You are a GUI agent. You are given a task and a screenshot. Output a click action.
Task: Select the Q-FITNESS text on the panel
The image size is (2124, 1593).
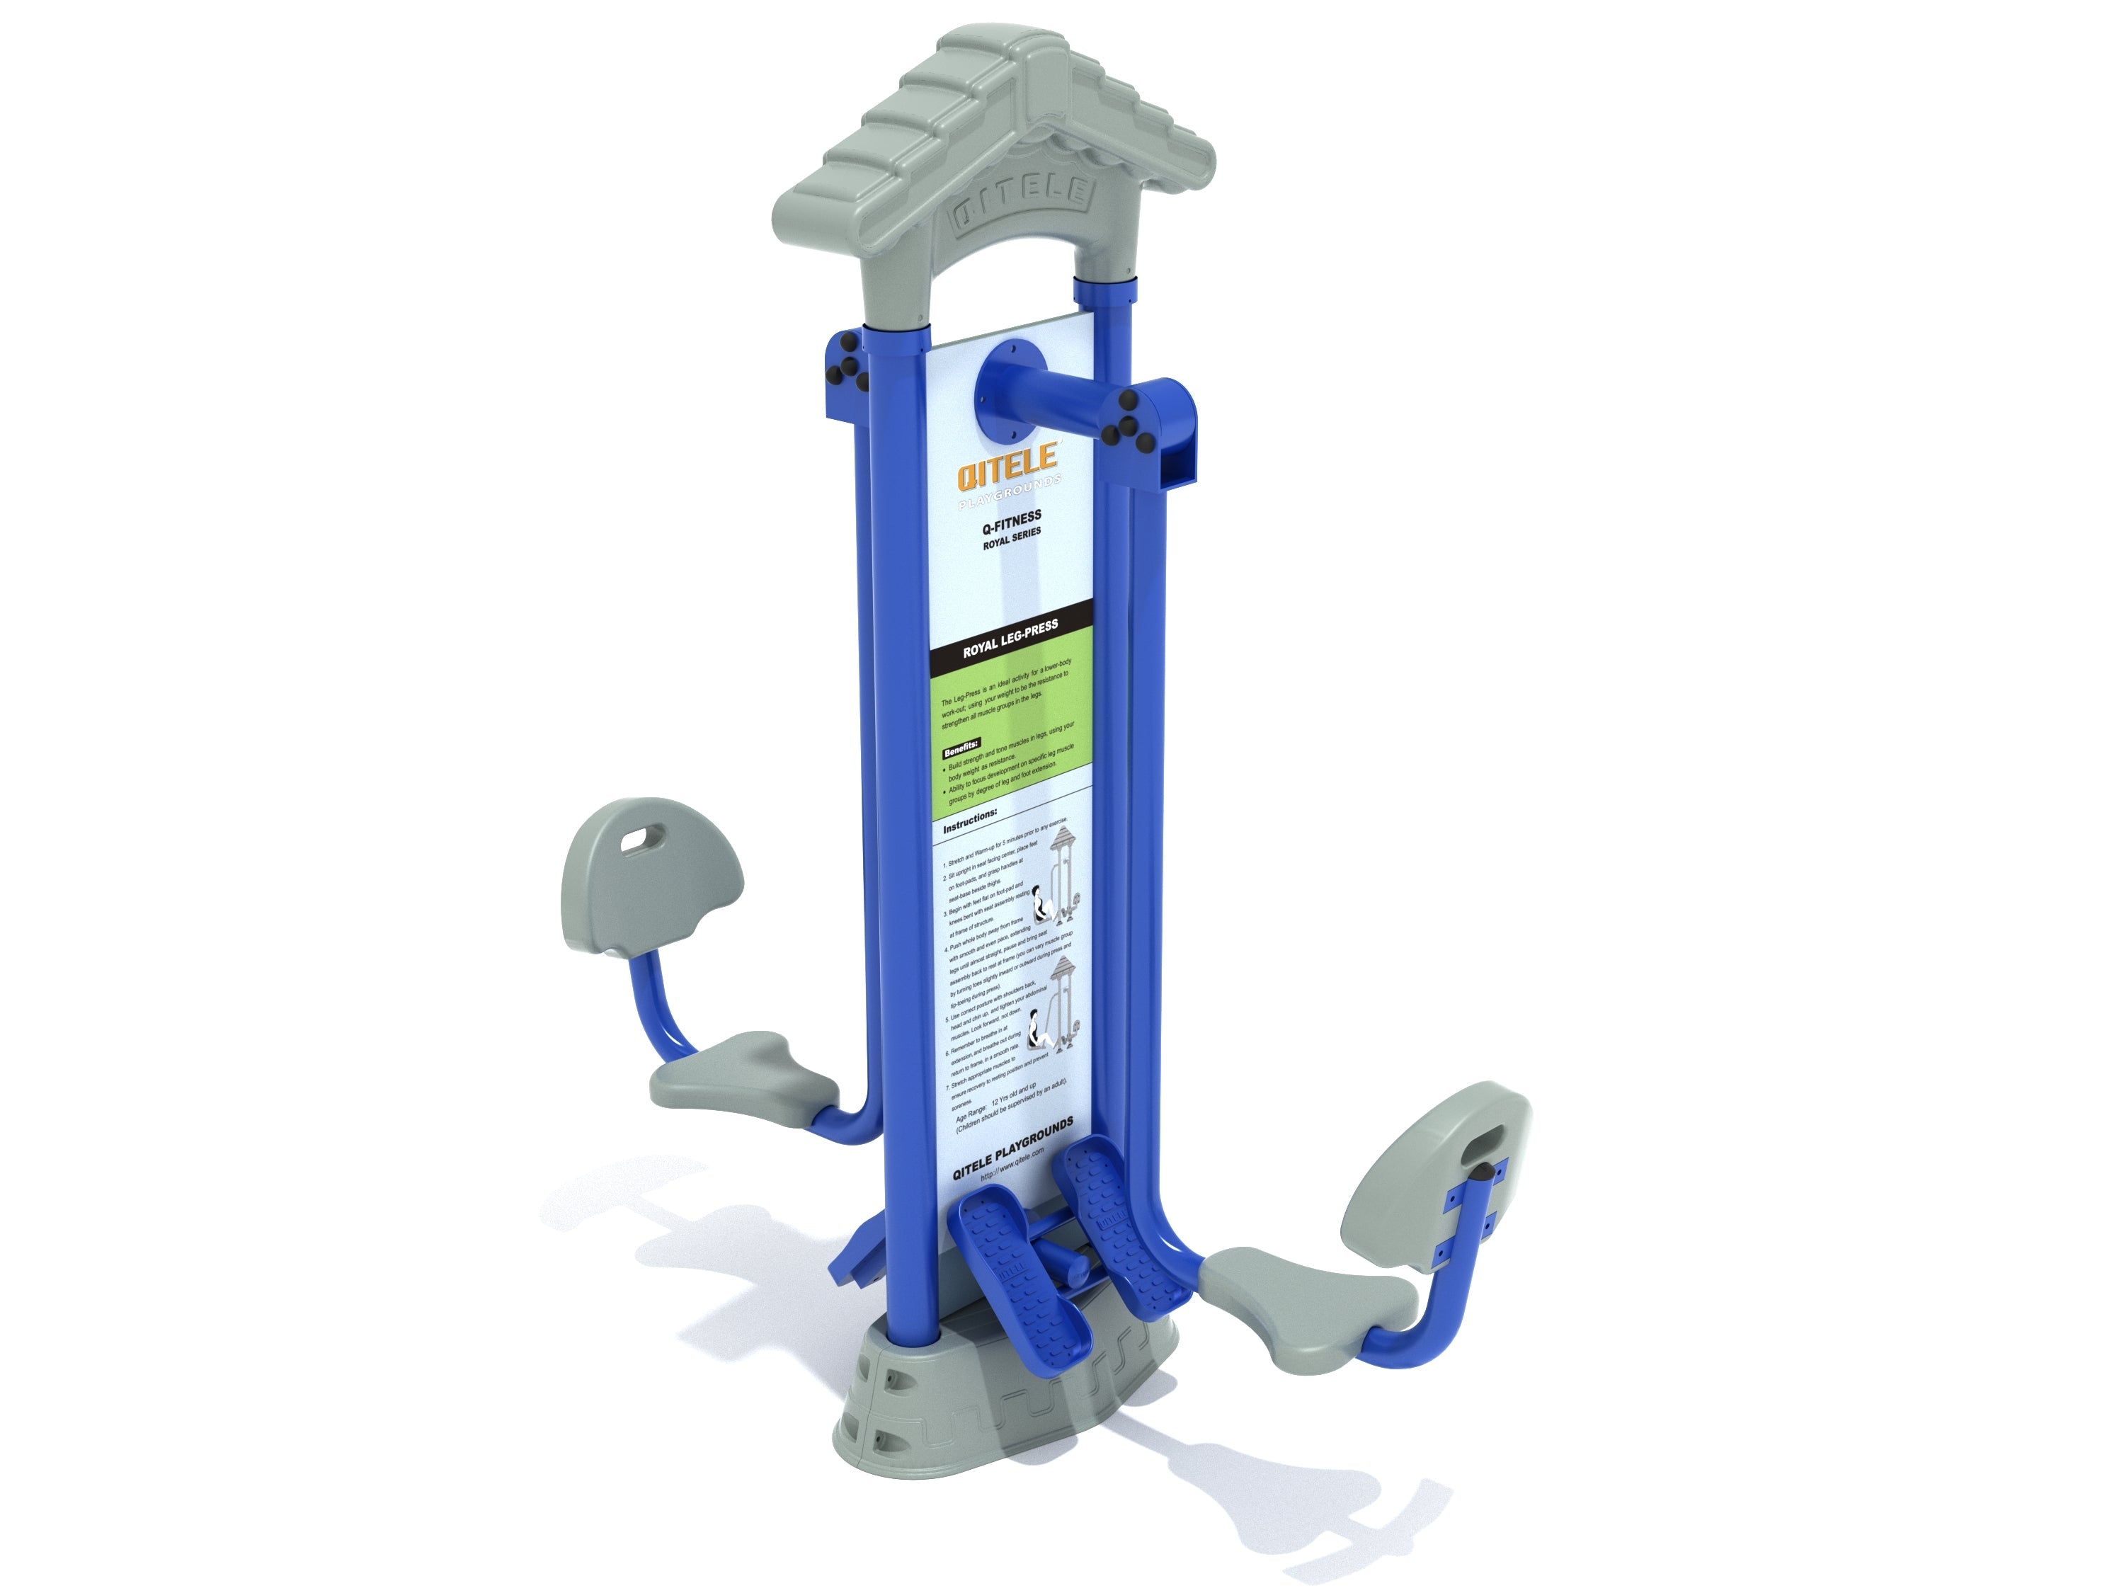click(x=1011, y=520)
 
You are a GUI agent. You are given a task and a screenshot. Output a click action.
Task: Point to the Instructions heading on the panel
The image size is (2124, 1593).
click(x=970, y=823)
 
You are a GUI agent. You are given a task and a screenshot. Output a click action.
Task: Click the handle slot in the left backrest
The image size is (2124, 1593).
click(x=634, y=841)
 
